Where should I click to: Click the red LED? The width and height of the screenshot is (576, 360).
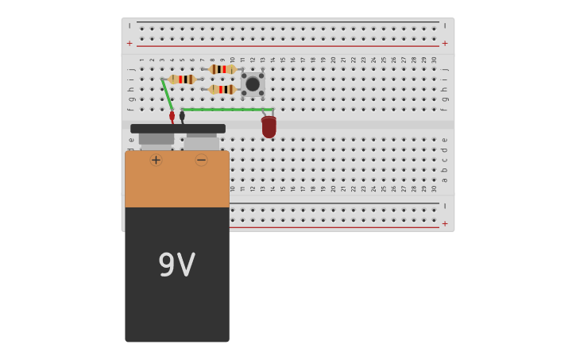pyautogui.click(x=269, y=126)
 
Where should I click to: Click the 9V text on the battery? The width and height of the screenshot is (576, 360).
pyautogui.click(x=176, y=265)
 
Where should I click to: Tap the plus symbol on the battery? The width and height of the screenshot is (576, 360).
pyautogui.click(x=156, y=160)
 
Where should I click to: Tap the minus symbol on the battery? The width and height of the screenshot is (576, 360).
pyautogui.click(x=201, y=160)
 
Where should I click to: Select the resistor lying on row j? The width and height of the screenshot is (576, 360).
pyautogui.click(x=223, y=69)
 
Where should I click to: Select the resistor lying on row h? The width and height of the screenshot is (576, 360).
pyautogui.click(x=222, y=89)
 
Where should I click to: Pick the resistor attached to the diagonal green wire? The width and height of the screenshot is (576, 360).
pyautogui.click(x=182, y=79)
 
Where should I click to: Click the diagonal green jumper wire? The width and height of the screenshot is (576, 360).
pyautogui.click(x=167, y=94)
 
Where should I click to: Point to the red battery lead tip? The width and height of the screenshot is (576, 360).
pyautogui.click(x=172, y=116)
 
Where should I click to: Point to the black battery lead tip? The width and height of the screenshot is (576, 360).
pyautogui.click(x=182, y=116)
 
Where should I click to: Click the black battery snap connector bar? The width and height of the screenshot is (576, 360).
pyautogui.click(x=178, y=129)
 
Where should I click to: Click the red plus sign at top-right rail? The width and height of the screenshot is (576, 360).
pyautogui.click(x=445, y=43)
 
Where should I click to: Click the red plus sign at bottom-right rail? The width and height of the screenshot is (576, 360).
pyautogui.click(x=445, y=223)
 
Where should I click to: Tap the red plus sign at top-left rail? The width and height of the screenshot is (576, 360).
pyautogui.click(x=130, y=43)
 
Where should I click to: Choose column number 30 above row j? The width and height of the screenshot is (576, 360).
pyautogui.click(x=434, y=60)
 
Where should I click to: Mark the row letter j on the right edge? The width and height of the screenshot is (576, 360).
pyautogui.click(x=445, y=69)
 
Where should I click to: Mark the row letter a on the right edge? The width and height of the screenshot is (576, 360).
pyautogui.click(x=445, y=180)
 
